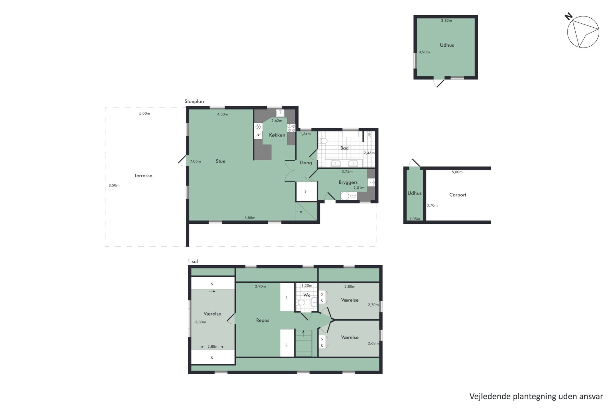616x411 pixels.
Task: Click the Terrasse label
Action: [143, 176]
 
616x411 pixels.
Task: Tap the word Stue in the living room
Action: [220, 161]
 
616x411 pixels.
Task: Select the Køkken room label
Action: [277, 135]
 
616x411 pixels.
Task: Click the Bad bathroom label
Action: [344, 148]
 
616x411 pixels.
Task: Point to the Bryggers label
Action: [348, 182]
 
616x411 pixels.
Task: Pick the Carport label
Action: [458, 195]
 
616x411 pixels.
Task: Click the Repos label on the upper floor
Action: [263, 320]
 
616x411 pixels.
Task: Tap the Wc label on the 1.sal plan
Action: [307, 295]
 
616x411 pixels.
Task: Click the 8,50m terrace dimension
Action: [114, 185]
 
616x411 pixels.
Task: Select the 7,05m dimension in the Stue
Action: [195, 161]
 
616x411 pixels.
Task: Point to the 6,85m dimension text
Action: [250, 218]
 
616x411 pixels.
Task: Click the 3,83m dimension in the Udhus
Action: [446, 21]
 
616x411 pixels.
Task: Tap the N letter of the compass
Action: [568, 16]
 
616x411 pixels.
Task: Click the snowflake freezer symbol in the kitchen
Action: [258, 127]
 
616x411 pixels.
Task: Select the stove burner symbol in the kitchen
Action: [291, 128]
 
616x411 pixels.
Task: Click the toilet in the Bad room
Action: [323, 141]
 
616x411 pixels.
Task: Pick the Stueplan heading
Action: [194, 101]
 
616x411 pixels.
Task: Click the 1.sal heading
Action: [192, 261]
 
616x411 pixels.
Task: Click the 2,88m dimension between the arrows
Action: [213, 346]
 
